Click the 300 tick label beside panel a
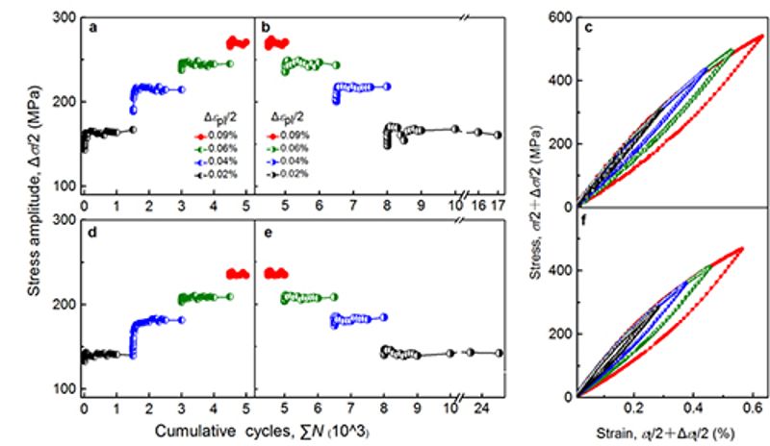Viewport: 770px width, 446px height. [64, 17]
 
